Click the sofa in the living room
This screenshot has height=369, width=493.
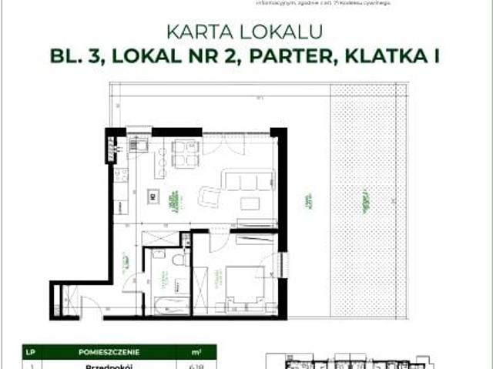click(x=246, y=182)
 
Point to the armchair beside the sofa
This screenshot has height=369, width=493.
click(x=210, y=197)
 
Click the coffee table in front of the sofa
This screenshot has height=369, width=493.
click(x=250, y=203)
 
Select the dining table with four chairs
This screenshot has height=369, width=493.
click(x=184, y=153)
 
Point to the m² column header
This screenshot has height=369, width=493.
click(x=196, y=352)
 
